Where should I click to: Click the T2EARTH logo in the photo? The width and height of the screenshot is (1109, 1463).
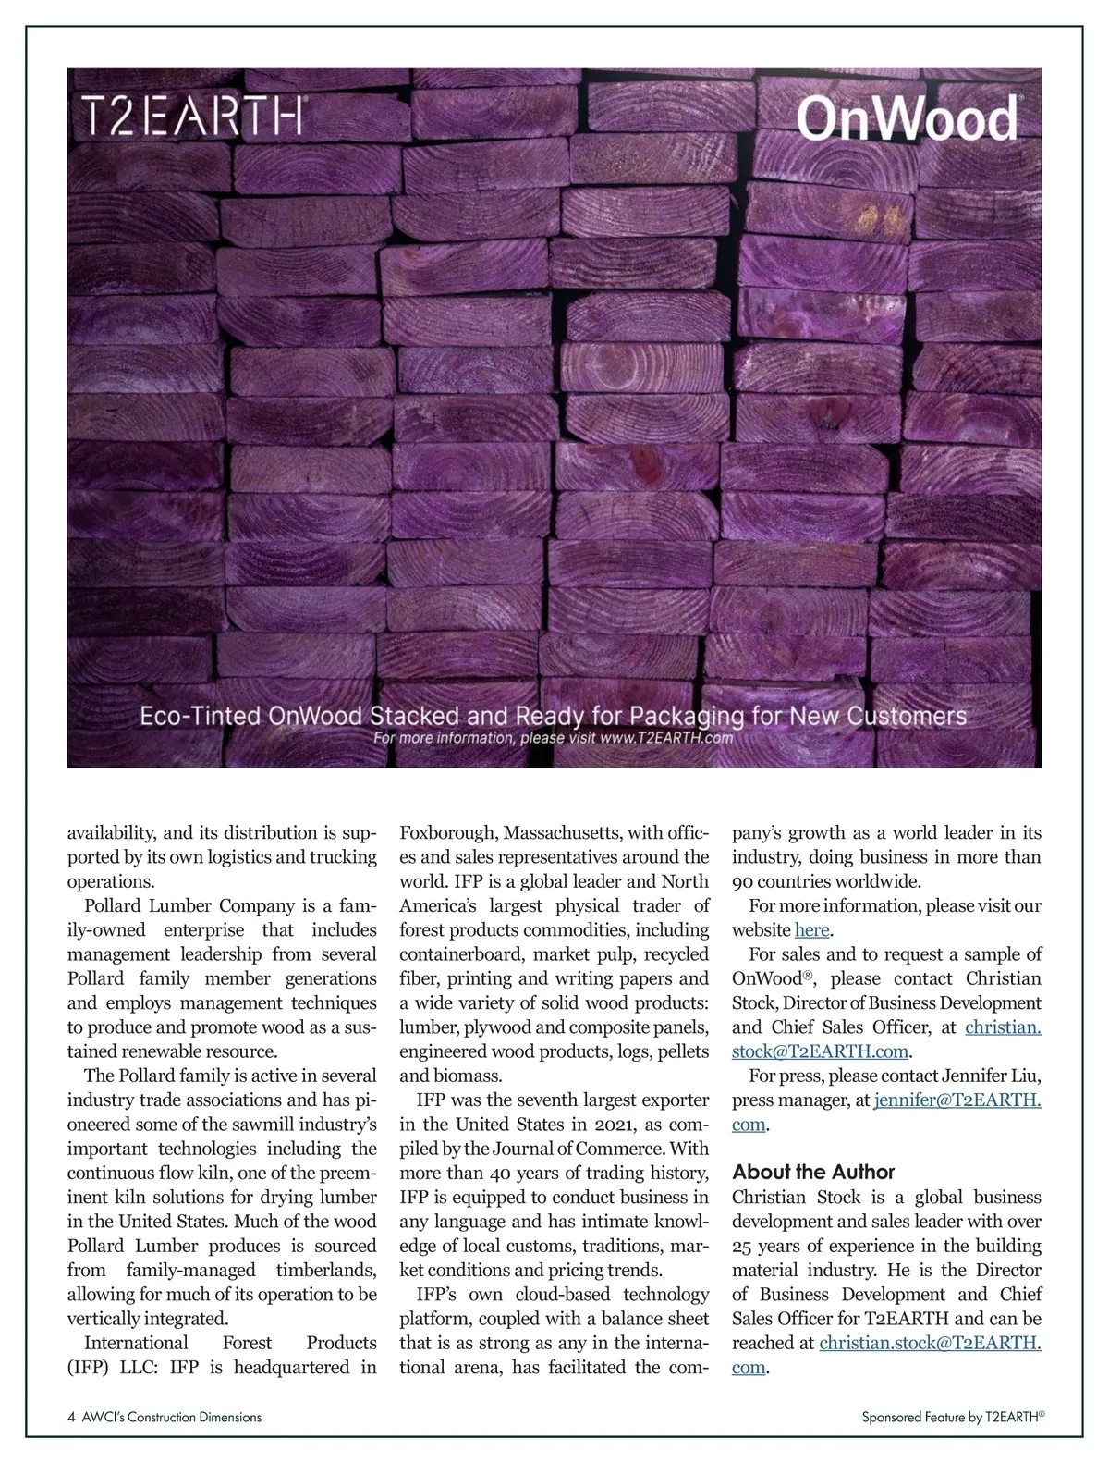(192, 116)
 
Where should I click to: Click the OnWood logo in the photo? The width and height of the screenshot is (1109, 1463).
(908, 119)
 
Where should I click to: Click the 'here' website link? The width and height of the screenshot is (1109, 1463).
(811, 929)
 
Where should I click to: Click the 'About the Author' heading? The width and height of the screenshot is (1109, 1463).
(813, 1172)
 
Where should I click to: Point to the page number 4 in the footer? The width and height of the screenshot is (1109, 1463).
(71, 1417)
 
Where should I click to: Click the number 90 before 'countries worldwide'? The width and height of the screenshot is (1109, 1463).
(742, 881)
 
